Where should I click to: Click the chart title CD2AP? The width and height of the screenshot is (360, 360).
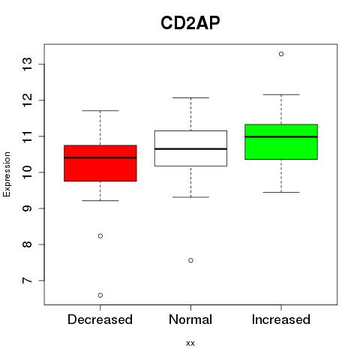click(190, 23)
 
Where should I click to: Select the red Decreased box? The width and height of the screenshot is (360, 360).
click(100, 163)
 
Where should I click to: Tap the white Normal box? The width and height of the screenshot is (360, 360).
click(190, 148)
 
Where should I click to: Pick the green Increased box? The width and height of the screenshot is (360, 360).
click(281, 142)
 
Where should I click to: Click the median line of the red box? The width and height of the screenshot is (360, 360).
click(100, 157)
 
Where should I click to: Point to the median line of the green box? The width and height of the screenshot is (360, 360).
click(281, 136)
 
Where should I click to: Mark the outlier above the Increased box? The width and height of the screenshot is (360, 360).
click(281, 54)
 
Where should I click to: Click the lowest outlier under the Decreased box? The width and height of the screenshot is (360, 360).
click(100, 295)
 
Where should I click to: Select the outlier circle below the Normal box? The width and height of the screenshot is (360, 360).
click(190, 260)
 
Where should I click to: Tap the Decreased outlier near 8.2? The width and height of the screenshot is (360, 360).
click(100, 236)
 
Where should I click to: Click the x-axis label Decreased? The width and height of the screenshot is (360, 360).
click(100, 319)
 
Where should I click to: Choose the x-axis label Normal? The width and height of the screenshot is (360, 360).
click(190, 319)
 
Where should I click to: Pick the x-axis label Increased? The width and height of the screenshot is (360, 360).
click(281, 319)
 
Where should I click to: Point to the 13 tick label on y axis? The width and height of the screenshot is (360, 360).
click(28, 64)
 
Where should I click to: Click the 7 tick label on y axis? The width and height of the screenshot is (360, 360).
click(28, 280)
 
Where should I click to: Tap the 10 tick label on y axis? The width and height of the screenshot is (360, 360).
click(28, 172)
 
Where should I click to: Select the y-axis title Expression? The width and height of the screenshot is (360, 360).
click(7, 174)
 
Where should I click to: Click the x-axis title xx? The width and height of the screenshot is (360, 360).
click(190, 343)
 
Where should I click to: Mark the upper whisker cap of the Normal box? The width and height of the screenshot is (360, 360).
click(190, 97)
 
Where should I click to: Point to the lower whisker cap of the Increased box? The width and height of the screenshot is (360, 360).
click(281, 192)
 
